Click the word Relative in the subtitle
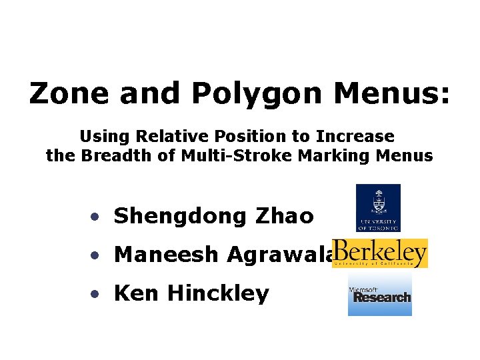(167, 137)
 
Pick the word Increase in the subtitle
(355, 137)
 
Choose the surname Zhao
(283, 216)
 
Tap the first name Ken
(137, 293)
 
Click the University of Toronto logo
(378, 207)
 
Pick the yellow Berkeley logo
(380, 253)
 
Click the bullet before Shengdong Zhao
(97, 217)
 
